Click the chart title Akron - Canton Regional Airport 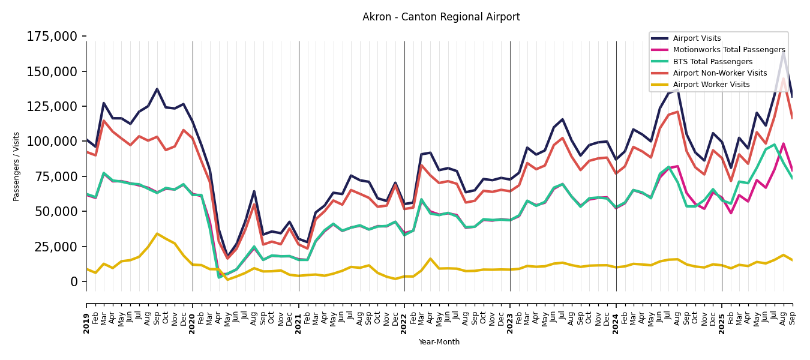(x=441, y=17)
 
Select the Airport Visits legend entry (x=697, y=38)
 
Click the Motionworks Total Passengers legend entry (x=728, y=50)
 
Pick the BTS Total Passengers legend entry (x=712, y=62)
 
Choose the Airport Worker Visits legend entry (x=711, y=85)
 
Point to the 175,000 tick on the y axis (x=52, y=37)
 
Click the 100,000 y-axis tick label (x=52, y=142)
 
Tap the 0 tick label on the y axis (x=74, y=281)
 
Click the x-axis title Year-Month (x=439, y=342)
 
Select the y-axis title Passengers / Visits (x=17, y=166)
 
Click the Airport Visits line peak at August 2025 (x=783, y=53)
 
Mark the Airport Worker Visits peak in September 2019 (x=157, y=233)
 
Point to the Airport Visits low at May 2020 (x=227, y=256)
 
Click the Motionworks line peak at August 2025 (x=783, y=143)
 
